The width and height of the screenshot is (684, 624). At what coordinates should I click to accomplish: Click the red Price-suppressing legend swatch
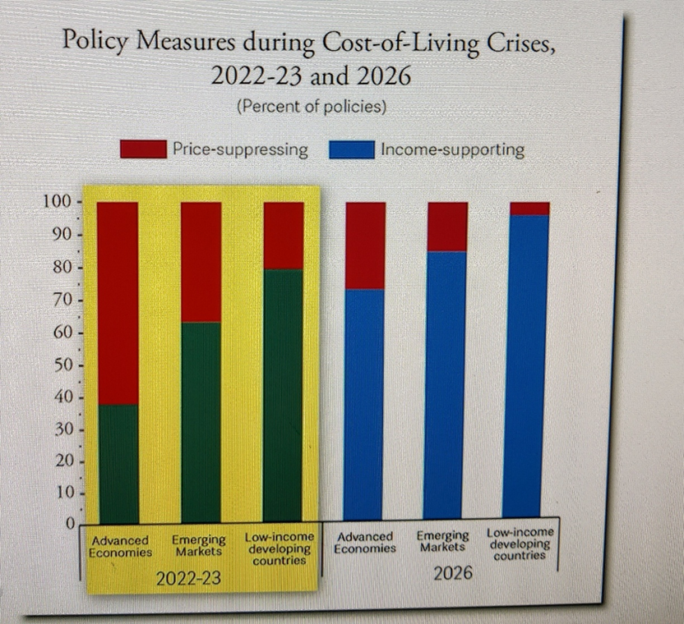pos(143,149)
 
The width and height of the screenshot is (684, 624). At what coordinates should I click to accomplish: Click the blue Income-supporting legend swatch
pos(352,149)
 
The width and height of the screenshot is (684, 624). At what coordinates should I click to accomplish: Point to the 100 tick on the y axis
pos(58,202)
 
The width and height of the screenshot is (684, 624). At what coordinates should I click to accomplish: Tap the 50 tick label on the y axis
pos(62,365)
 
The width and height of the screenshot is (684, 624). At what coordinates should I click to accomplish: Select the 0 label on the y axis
pos(70,523)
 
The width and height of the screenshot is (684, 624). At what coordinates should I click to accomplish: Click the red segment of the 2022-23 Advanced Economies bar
pos(118,303)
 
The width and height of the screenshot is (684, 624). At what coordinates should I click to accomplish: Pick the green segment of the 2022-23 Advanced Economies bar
pos(118,464)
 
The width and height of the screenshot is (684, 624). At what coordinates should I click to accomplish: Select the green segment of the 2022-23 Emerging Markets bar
pos(201,423)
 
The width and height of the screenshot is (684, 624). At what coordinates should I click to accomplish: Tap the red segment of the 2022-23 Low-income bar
pos(284,236)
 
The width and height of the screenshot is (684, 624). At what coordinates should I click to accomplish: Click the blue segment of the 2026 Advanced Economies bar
pos(363,405)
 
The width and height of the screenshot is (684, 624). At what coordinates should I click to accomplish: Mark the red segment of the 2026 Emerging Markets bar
pos(447,227)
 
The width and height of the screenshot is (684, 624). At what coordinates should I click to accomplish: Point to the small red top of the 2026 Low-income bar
pos(529,209)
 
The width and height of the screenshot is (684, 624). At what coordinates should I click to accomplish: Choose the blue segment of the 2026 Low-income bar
pos(525,366)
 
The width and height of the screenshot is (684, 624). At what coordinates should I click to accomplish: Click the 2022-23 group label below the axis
pos(188,578)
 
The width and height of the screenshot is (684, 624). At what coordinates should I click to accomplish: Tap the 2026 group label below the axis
pos(453,572)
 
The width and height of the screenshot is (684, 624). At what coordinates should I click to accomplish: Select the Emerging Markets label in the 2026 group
pos(443,541)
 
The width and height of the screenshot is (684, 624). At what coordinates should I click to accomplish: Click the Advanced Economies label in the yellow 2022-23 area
pos(120,547)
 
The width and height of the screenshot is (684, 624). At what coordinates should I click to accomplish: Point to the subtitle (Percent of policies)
pos(312,106)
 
